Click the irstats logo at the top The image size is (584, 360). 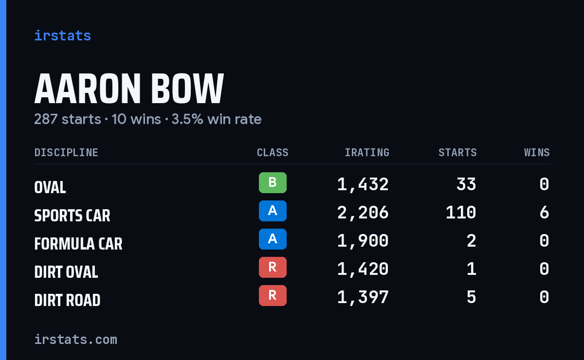pyautogui.click(x=63, y=36)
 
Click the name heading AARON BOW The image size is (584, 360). pyautogui.click(x=129, y=89)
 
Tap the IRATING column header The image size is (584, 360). pyautogui.click(x=367, y=152)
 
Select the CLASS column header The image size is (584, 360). pyautogui.click(x=273, y=152)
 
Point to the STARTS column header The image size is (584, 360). pyautogui.click(x=457, y=152)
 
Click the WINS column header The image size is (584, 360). pyautogui.click(x=537, y=152)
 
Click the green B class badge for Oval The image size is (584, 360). pyautogui.click(x=273, y=182)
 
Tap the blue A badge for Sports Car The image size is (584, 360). pyautogui.click(x=273, y=211)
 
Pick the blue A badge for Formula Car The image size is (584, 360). pyautogui.click(x=273, y=239)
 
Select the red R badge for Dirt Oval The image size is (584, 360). pyautogui.click(x=273, y=267)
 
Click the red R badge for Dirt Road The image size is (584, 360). pyautogui.click(x=273, y=295)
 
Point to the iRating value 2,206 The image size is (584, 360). pyautogui.click(x=363, y=213)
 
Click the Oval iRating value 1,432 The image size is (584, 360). pyautogui.click(x=363, y=184)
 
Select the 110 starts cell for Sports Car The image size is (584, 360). pyautogui.click(x=461, y=213)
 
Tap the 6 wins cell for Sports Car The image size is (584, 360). pyautogui.click(x=545, y=213)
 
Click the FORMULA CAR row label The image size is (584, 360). pyautogui.click(x=78, y=244)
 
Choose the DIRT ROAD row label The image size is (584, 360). pyautogui.click(x=67, y=300)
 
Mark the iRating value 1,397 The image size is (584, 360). pyautogui.click(x=363, y=297)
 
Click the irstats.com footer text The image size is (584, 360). pyautogui.click(x=75, y=340)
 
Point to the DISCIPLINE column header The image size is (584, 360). pyautogui.click(x=66, y=152)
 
